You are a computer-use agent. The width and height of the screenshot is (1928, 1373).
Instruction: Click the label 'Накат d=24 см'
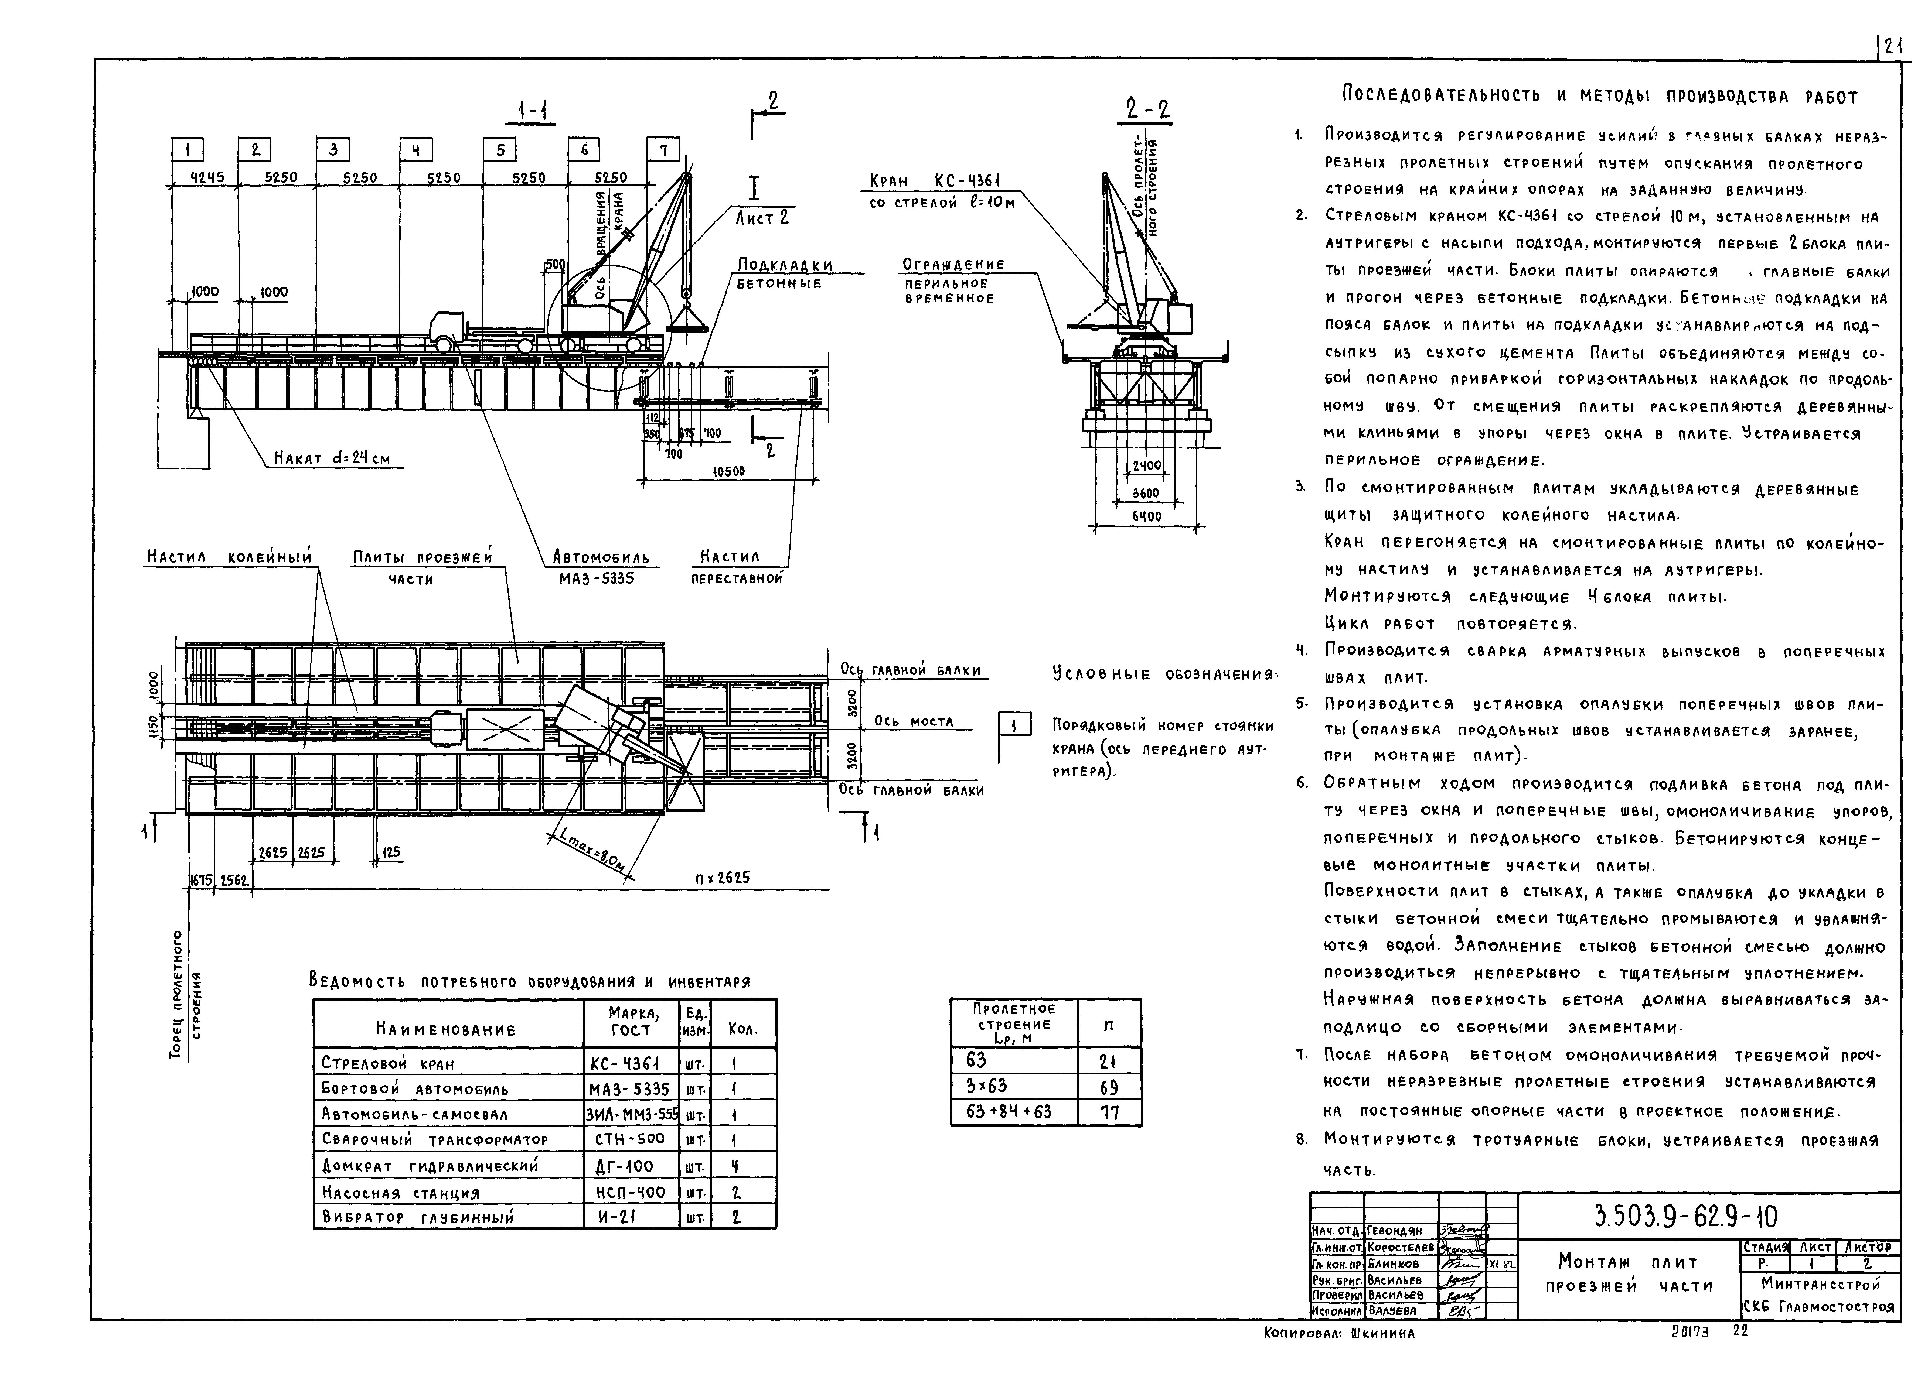point(332,459)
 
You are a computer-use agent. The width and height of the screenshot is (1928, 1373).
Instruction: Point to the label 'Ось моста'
point(913,721)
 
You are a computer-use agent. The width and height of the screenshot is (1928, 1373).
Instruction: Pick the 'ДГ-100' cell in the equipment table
point(623,1167)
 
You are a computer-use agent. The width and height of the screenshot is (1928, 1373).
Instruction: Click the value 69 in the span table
point(1109,1086)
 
